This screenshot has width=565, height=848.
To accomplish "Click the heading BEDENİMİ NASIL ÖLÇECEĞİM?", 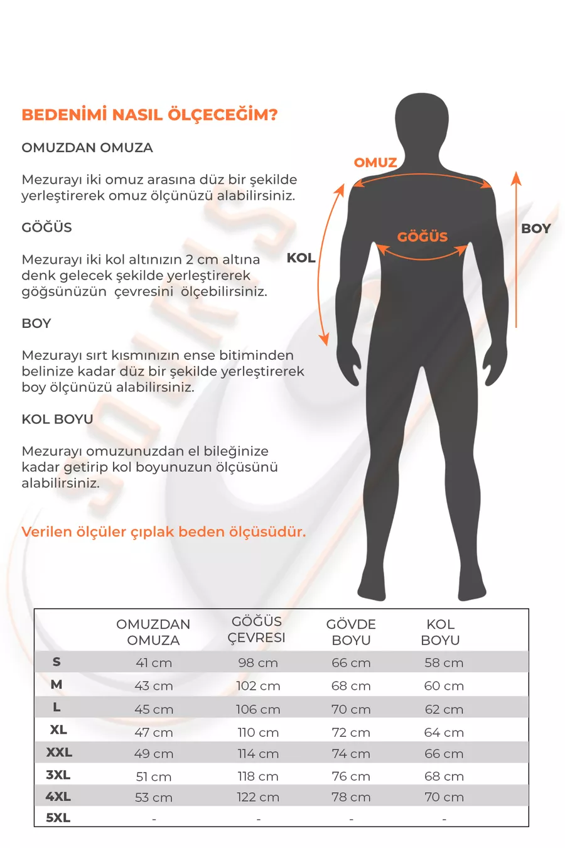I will pyautogui.click(x=149, y=115).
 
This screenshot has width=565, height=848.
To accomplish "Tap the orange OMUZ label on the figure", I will pyautogui.click(x=375, y=163).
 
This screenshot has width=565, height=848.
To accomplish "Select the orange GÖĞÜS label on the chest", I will pyautogui.click(x=422, y=237).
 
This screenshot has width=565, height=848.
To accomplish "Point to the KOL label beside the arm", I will pyautogui.click(x=301, y=258).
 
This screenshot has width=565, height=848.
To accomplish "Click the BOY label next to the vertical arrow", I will pyautogui.click(x=535, y=229).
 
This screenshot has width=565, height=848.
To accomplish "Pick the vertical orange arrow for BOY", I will pyautogui.click(x=516, y=251).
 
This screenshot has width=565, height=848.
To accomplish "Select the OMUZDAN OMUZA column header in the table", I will pyautogui.click(x=153, y=632).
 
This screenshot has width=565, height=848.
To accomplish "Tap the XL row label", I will pyautogui.click(x=58, y=730).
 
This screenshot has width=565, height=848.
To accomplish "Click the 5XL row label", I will pyautogui.click(x=58, y=818).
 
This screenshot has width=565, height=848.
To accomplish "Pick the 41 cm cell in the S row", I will pyautogui.click(x=154, y=663).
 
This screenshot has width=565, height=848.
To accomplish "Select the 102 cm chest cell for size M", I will pyautogui.click(x=258, y=686).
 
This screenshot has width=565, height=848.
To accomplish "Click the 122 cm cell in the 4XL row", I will pyautogui.click(x=258, y=797).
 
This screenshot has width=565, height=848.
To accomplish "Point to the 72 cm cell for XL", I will pyautogui.click(x=351, y=732).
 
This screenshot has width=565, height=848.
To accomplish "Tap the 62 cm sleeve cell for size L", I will pyautogui.click(x=444, y=709).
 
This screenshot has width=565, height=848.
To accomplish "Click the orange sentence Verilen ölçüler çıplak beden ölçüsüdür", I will pyautogui.click(x=164, y=532).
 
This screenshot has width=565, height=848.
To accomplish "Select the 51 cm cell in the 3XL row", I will pyautogui.click(x=154, y=776).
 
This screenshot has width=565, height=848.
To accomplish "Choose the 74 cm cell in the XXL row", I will pyautogui.click(x=351, y=754).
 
